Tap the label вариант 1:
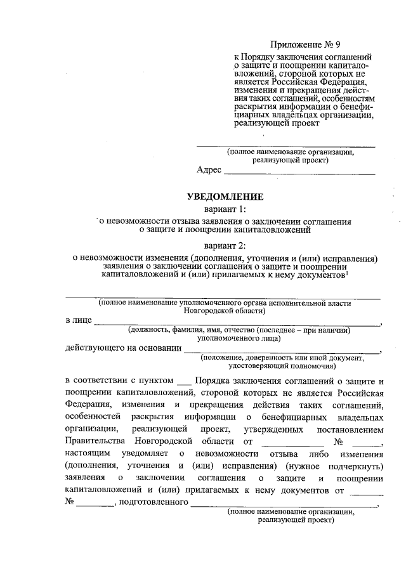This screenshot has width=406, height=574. point(225,209)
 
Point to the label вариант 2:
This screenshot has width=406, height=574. point(225,245)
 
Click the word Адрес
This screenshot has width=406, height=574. point(209,170)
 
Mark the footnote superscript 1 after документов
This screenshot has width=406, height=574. point(346,274)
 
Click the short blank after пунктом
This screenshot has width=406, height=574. point(183,381)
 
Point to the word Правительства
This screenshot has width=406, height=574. point(96,441)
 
